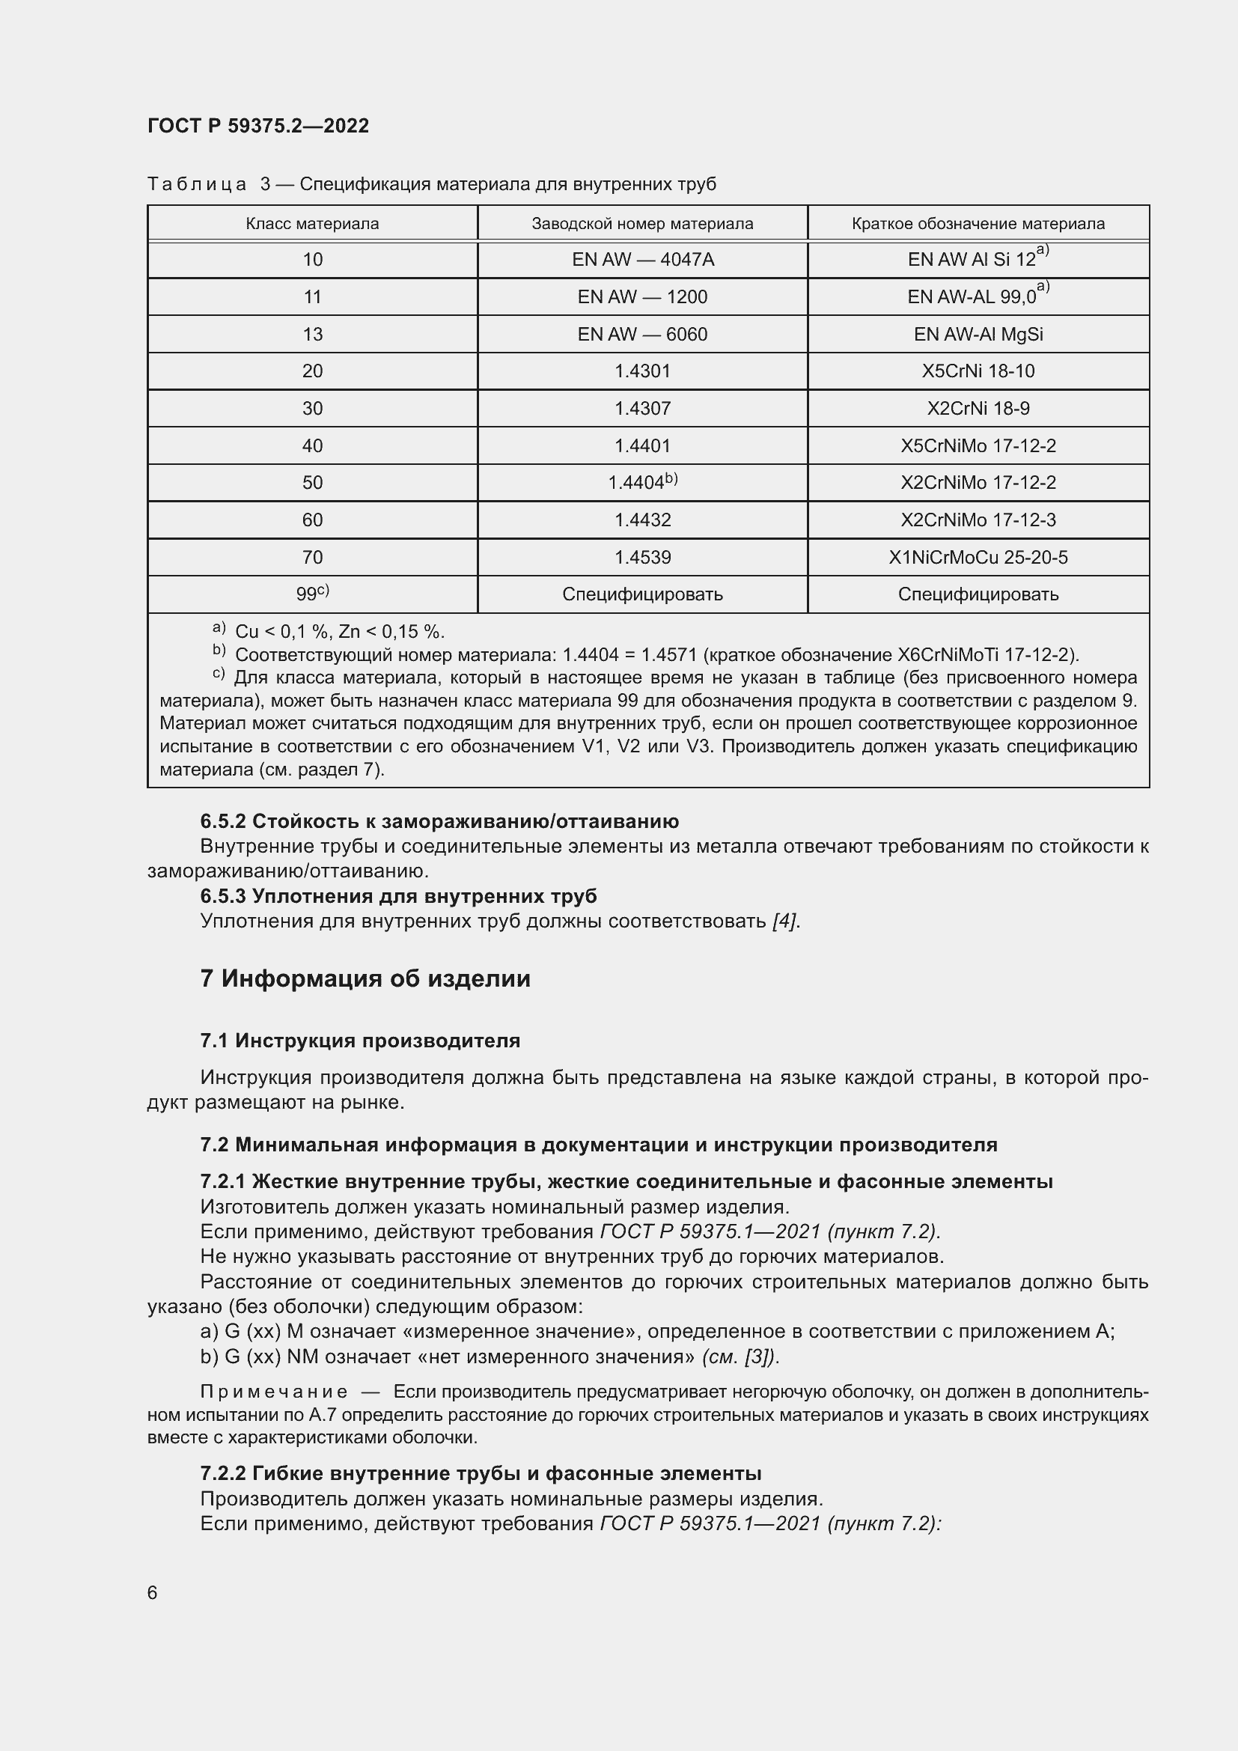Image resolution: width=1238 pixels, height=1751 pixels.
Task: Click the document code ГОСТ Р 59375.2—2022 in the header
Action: pos(257,126)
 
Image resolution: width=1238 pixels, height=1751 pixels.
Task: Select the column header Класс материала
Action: pos(312,223)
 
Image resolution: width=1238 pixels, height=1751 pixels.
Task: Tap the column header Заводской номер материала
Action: pos(642,223)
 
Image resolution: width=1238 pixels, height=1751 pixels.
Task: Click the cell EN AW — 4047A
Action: pos(642,260)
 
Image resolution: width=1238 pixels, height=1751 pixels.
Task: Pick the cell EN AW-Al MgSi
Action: pos(978,334)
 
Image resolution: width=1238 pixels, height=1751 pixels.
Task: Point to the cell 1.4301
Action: pos(642,371)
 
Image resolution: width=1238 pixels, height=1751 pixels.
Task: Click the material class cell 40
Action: pos(312,445)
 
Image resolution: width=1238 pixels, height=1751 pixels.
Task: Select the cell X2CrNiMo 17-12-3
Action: pos(978,520)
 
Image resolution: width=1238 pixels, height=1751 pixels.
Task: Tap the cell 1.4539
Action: pos(642,558)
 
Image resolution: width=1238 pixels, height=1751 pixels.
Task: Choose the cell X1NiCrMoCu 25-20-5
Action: pos(978,558)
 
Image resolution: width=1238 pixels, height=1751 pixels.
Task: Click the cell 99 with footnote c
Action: pos(312,594)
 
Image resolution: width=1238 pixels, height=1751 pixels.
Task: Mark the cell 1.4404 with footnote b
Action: pos(642,483)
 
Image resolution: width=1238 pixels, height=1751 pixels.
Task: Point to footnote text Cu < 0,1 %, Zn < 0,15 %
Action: pos(339,633)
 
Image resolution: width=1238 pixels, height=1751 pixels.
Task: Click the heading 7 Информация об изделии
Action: pos(365,978)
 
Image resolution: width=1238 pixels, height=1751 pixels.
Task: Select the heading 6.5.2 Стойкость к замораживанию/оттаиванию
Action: pos(439,821)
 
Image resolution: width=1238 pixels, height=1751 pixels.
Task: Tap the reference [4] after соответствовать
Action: pos(784,922)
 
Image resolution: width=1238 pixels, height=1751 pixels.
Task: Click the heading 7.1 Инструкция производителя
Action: pos(360,1041)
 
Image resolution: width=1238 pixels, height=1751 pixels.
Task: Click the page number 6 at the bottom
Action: pos(153,1593)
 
